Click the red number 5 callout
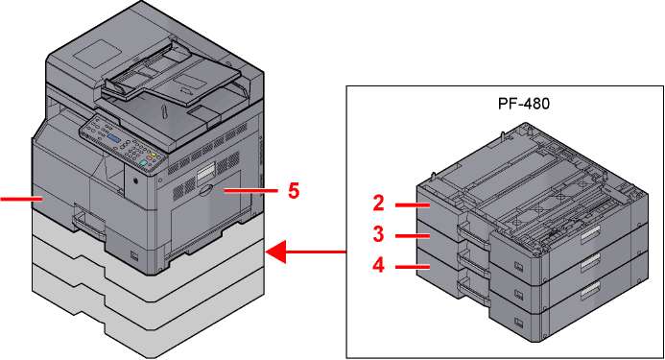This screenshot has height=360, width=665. point(294,191)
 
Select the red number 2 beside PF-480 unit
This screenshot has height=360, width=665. point(378,204)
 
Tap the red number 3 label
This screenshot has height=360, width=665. point(378,234)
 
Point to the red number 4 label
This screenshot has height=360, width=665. point(378,266)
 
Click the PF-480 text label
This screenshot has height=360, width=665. point(524,103)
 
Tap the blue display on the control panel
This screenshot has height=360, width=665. point(114,139)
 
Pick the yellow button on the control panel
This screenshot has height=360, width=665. point(154,156)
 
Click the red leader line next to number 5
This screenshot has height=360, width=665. point(250,191)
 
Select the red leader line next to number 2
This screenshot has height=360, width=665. point(413,205)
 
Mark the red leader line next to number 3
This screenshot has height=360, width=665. point(413,235)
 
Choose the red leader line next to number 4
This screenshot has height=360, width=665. point(413,267)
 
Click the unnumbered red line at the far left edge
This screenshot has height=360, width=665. point(21,199)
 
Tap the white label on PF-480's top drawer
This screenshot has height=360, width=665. point(590,235)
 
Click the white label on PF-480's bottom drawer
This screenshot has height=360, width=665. point(590,290)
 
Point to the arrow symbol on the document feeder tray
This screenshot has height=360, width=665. point(184,90)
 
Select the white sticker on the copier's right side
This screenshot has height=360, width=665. point(205,172)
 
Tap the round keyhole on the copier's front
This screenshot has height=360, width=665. point(135,180)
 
